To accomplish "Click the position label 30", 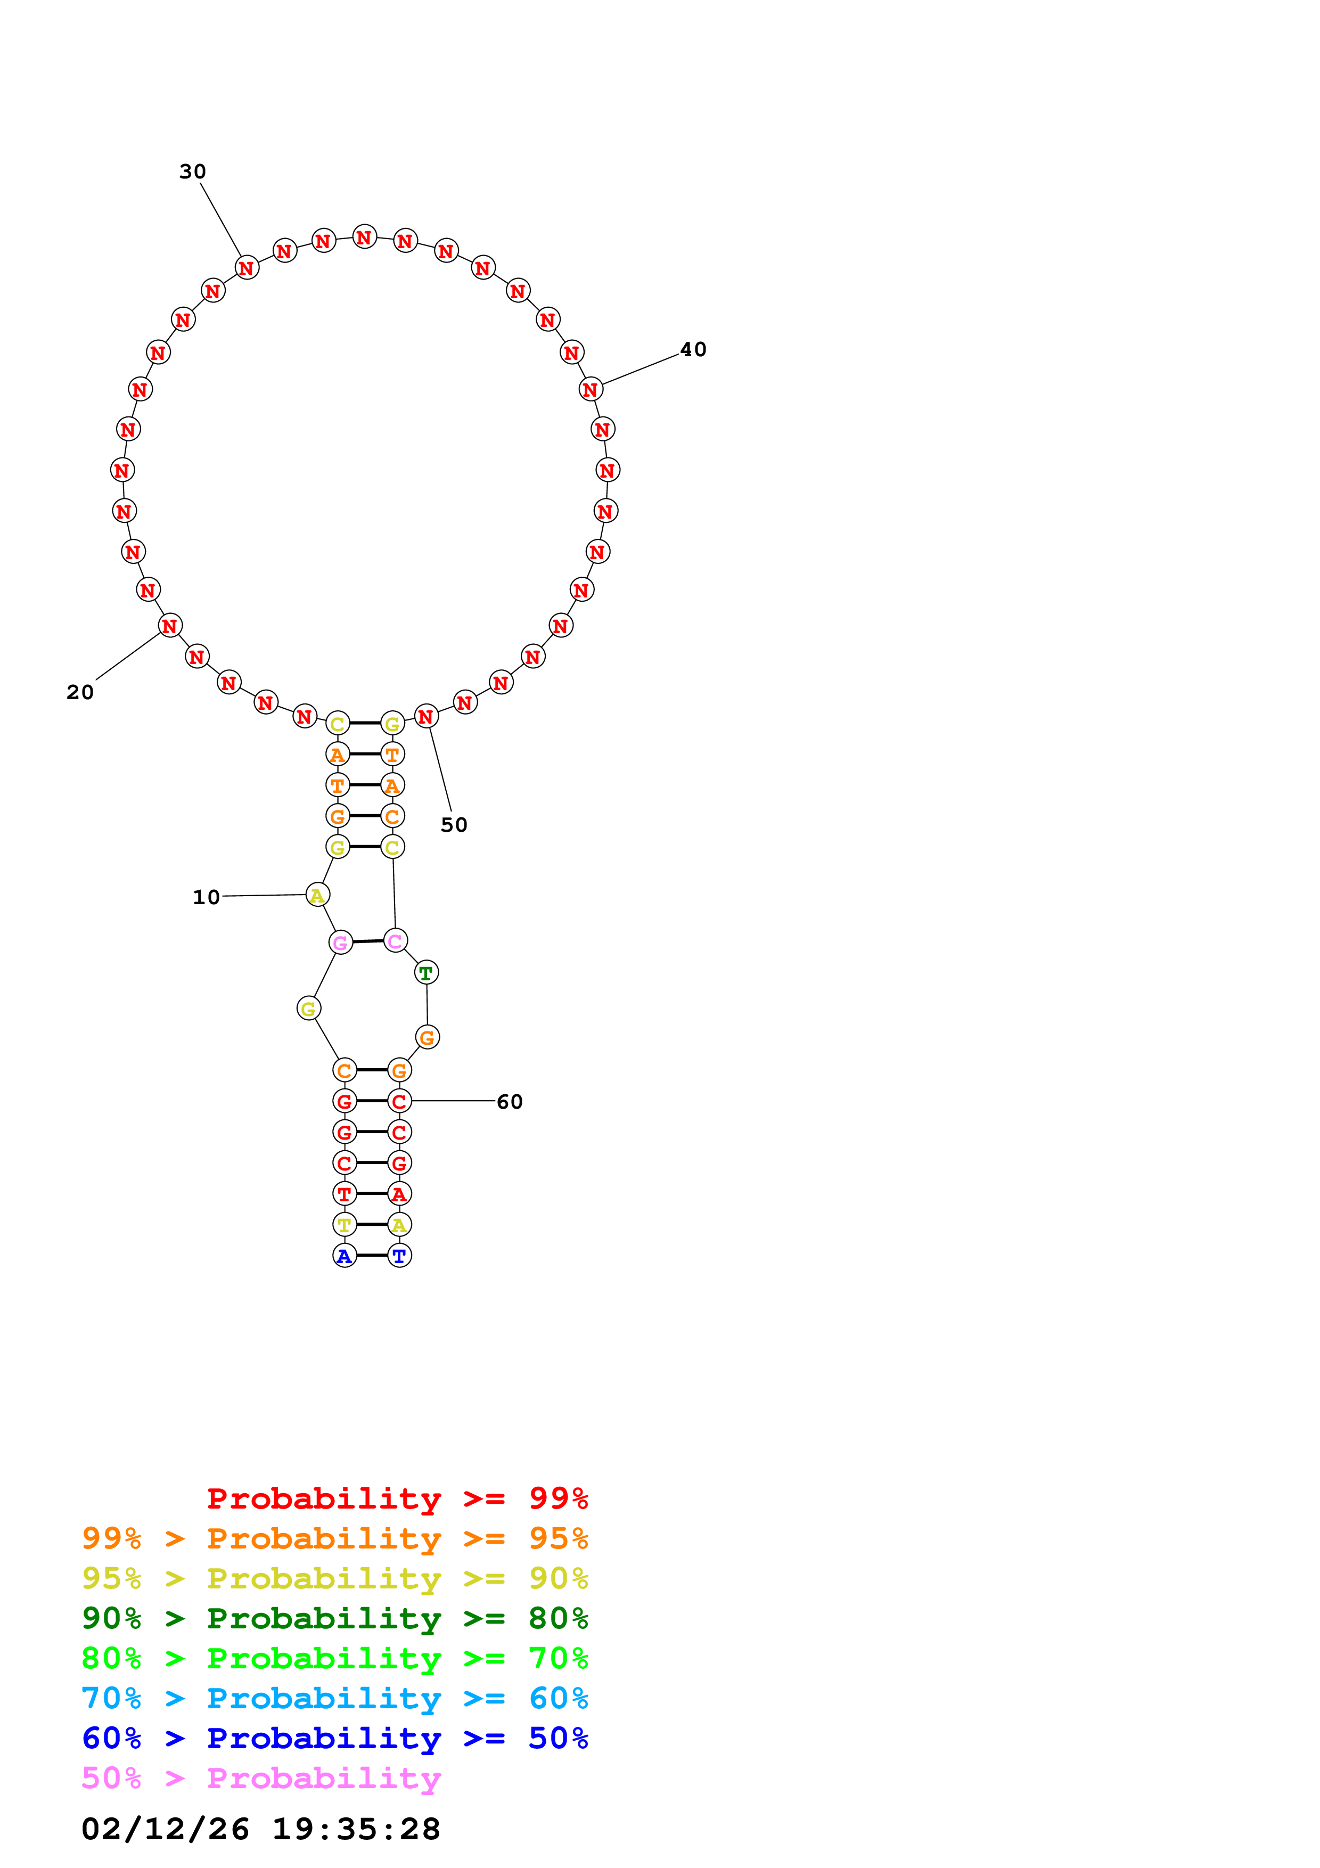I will coord(193,171).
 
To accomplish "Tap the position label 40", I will coord(693,350).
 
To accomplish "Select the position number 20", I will coord(80,692).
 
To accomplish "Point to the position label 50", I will coord(454,825).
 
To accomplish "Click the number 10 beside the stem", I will coord(206,897).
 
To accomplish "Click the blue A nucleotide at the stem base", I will coord(345,1256).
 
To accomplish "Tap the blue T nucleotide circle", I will coord(399,1256).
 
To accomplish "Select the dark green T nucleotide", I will coord(426,972).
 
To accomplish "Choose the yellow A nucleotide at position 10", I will coord(317,895).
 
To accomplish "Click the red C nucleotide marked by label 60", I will coord(399,1102).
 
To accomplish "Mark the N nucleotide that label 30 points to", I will coord(247,268).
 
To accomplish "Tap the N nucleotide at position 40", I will coord(591,390).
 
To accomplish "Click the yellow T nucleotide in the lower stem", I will coord(345,1224).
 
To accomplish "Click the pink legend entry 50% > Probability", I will coord(260,1779).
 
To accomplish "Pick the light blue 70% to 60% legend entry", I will coord(334,1699).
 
